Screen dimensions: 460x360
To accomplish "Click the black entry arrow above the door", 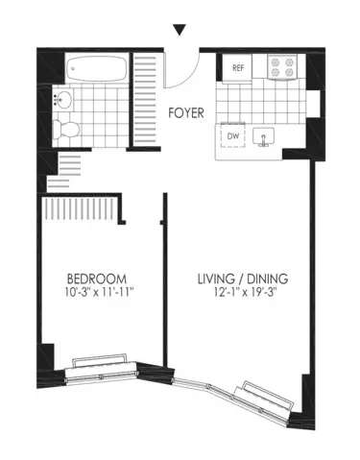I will click(x=179, y=32).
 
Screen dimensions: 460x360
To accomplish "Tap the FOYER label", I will click(x=187, y=112).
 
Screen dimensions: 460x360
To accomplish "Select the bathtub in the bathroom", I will click(x=98, y=69).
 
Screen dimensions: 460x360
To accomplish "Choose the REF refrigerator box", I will click(x=236, y=68).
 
